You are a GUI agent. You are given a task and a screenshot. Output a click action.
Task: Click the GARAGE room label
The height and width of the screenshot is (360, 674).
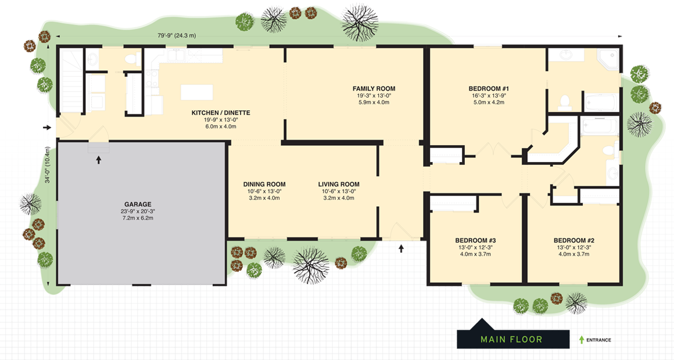138,204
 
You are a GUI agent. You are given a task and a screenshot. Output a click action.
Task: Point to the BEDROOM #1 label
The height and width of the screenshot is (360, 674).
488,89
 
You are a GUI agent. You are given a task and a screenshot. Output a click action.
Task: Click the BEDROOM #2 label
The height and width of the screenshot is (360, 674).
573,240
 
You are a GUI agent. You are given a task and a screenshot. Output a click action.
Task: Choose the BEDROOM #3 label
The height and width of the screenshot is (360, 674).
475,240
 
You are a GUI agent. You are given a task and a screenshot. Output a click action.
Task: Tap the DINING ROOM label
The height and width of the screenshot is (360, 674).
264,185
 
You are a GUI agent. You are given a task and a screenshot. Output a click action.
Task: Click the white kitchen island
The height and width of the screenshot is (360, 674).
196,93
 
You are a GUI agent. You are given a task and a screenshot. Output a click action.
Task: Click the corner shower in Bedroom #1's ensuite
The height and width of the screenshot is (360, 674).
609,59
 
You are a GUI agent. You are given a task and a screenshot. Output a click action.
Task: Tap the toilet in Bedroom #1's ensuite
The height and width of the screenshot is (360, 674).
562,103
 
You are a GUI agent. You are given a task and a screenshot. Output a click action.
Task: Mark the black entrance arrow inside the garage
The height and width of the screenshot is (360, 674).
98,159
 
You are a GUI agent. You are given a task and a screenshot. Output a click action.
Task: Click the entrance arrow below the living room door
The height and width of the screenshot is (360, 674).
401,249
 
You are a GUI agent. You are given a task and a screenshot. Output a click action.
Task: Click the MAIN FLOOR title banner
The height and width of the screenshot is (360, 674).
511,340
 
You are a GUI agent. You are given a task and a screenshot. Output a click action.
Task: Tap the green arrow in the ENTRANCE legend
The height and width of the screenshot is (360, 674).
581,340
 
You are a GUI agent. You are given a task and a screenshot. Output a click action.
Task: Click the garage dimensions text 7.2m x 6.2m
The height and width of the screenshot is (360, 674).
138,218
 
